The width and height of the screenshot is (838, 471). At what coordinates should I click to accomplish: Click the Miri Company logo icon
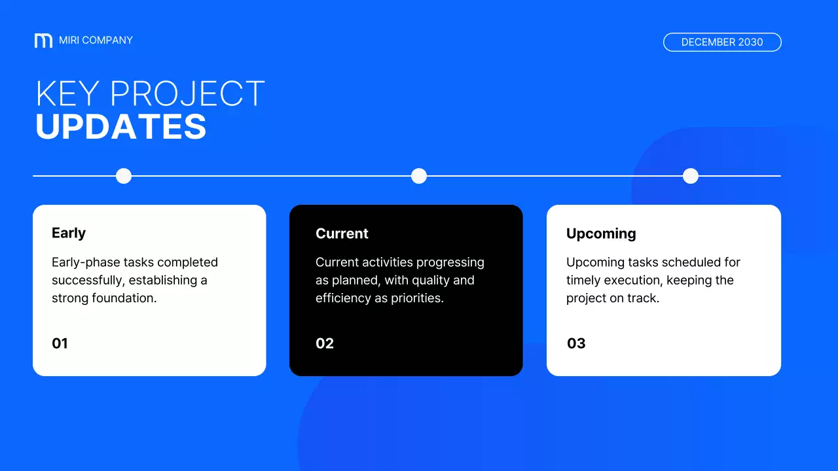click(x=43, y=41)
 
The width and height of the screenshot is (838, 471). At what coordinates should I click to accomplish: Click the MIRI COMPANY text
click(x=96, y=41)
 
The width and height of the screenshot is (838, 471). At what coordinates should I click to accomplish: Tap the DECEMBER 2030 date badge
click(x=722, y=43)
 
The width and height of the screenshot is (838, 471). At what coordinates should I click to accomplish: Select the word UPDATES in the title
click(x=121, y=127)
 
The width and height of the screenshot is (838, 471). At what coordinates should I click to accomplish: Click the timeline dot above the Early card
click(x=124, y=176)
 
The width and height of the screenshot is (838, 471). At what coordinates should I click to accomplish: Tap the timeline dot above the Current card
click(x=419, y=176)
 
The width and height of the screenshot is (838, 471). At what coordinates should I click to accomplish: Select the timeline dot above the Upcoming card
click(x=691, y=176)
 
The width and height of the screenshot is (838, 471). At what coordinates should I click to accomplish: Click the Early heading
click(x=69, y=234)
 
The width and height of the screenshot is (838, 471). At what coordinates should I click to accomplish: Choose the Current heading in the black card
click(x=342, y=234)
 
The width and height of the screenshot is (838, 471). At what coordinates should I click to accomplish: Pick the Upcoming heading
click(x=601, y=234)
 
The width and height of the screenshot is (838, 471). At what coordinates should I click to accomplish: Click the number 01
click(x=60, y=343)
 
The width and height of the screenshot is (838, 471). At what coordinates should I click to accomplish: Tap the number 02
click(x=325, y=343)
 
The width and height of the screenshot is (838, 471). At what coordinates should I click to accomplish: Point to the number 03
click(x=576, y=343)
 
